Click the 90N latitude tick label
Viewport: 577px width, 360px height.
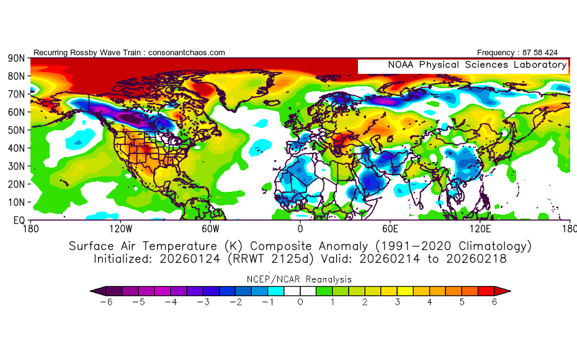pyautogui.click(x=16, y=58)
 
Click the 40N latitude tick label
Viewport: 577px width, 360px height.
pyautogui.click(x=16, y=148)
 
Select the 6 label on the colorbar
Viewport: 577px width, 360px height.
pyautogui.click(x=495, y=302)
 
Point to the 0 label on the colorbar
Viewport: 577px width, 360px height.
pyautogui.click(x=300, y=302)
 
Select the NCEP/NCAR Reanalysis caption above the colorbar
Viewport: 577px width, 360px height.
pyautogui.click(x=300, y=279)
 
